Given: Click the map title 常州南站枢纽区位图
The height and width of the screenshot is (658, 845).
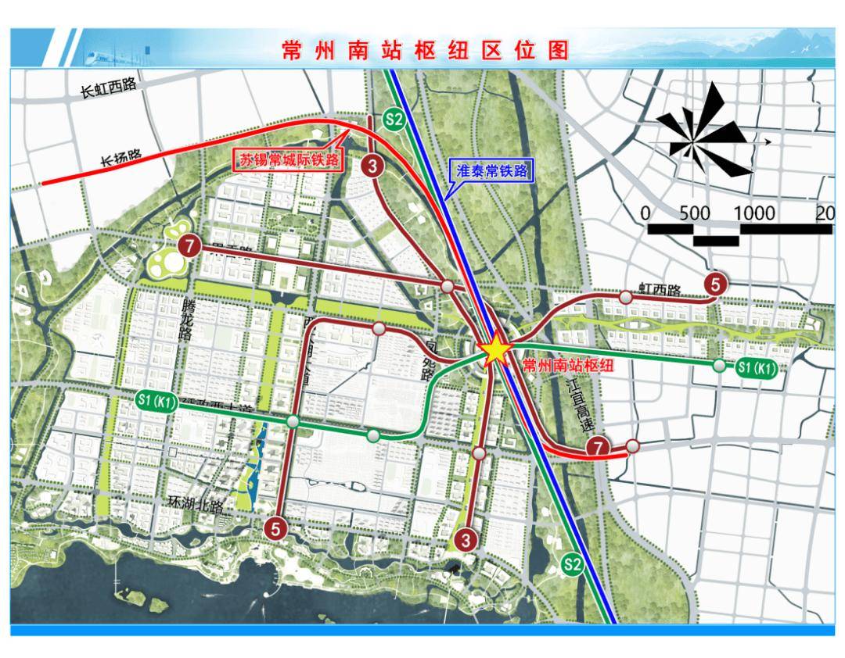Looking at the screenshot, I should (426, 50).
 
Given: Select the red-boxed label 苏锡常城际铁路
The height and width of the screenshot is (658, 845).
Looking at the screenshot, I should (291, 159).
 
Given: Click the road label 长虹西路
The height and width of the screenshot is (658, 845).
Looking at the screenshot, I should (109, 88).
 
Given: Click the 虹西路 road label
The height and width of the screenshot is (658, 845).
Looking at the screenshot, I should (659, 290).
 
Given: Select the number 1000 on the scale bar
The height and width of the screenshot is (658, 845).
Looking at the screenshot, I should (754, 213).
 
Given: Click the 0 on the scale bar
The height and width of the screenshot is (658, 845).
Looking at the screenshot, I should (645, 213).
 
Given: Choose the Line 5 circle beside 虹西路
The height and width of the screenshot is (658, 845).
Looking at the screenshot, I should (715, 284).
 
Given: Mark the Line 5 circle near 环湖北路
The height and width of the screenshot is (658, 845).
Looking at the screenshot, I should (275, 528).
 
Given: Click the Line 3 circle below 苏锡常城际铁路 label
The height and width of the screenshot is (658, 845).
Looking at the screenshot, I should (372, 166).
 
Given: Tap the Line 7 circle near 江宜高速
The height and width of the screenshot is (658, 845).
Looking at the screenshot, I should (598, 447).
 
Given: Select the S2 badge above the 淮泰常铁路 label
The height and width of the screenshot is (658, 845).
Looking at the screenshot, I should (394, 120).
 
